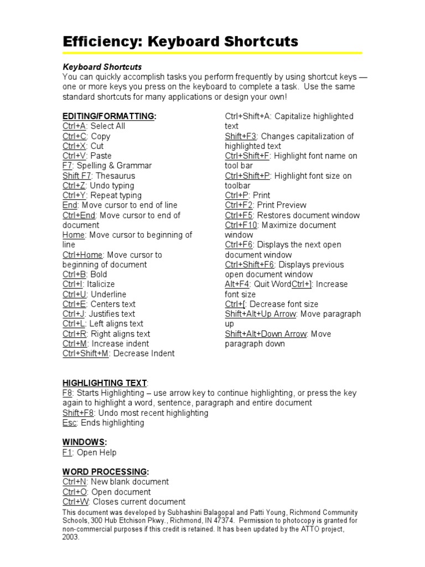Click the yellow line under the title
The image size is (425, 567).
click(x=212, y=53)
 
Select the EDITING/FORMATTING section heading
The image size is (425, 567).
click(x=109, y=116)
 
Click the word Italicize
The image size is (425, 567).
click(x=101, y=284)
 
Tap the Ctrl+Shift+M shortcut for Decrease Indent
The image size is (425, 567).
click(x=86, y=353)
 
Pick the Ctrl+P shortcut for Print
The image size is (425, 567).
click(x=237, y=195)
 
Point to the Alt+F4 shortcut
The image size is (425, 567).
click(x=237, y=284)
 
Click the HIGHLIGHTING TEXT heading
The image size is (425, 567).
click(x=105, y=383)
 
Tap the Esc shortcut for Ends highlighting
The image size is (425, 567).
click(x=70, y=422)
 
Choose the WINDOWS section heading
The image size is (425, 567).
click(x=84, y=442)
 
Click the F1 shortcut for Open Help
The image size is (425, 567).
click(x=68, y=452)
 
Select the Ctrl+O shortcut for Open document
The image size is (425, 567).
click(x=75, y=492)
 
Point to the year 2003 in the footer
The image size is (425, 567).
click(x=71, y=537)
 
